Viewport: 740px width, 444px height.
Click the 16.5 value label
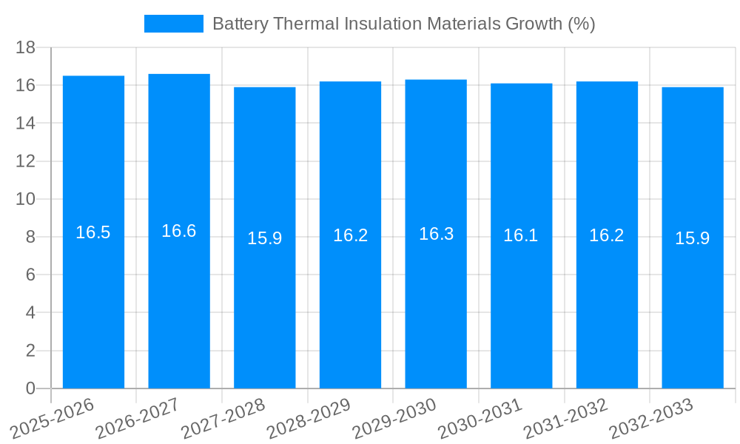93,232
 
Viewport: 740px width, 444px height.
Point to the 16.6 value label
179,231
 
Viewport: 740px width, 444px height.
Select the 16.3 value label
436,234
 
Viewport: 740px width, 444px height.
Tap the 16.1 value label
521,235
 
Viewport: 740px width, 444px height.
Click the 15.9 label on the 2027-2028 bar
264,238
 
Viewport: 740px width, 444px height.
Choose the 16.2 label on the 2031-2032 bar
607,235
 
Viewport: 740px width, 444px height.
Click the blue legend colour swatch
173,24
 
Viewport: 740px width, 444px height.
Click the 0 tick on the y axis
30,388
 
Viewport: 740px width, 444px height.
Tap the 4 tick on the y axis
30,313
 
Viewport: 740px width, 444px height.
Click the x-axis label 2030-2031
480,419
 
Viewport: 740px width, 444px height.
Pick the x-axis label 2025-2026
53,419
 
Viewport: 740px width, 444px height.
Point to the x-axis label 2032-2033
651,419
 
